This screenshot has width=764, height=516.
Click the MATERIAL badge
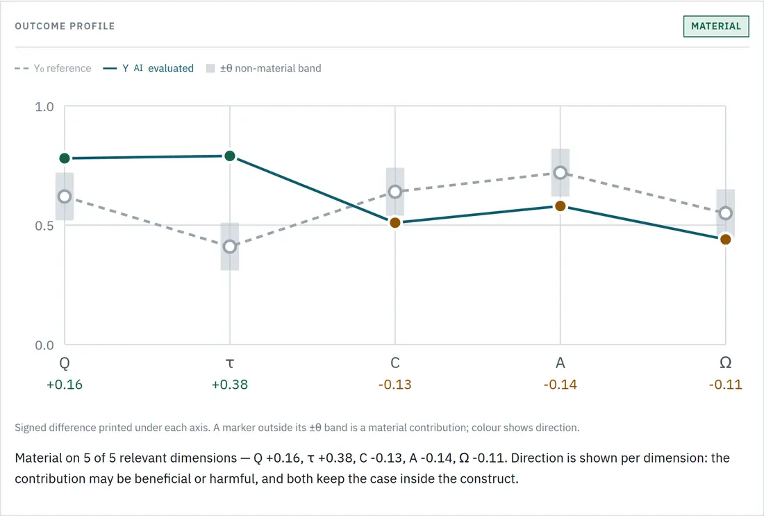point(716,26)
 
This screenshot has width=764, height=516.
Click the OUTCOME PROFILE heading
point(65,26)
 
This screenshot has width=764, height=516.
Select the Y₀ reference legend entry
point(53,68)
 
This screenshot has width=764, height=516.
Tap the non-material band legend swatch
point(210,68)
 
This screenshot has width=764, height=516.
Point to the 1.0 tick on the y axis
point(44,107)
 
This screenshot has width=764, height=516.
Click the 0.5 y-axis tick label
point(44,226)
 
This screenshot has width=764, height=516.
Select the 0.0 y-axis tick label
point(44,345)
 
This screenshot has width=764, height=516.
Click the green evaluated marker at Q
point(65,158)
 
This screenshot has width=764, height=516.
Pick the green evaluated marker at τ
point(230,156)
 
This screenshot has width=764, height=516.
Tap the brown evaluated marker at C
point(395,223)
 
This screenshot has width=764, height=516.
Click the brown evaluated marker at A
point(560,206)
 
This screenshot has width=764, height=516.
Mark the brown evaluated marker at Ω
point(726,239)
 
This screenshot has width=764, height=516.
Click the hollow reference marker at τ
point(230,247)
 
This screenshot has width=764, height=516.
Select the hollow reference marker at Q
point(65,197)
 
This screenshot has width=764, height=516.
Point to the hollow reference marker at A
point(560,172)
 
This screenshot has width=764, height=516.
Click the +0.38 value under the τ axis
point(230,385)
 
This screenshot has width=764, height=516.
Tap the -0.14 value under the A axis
point(560,385)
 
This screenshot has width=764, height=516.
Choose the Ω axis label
point(726,363)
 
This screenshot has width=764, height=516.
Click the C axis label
point(395,363)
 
